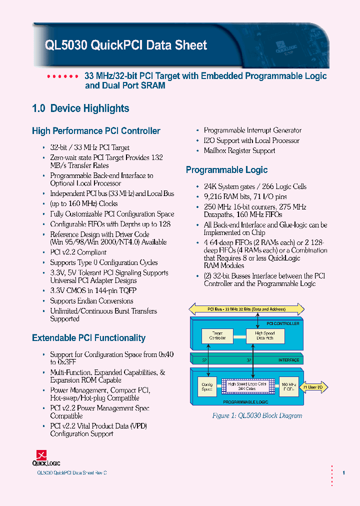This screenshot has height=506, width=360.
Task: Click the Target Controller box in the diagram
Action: (217, 335)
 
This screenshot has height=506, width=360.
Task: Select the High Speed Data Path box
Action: (265, 335)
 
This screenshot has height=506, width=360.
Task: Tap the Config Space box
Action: (207, 387)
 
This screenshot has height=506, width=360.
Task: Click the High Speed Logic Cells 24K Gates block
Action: (248, 386)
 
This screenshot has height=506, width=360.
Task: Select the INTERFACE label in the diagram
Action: (288, 360)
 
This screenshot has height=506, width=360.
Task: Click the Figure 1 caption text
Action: (257, 415)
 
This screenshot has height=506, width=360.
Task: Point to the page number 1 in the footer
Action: (343, 472)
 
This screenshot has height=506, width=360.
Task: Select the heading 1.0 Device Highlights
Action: (80, 108)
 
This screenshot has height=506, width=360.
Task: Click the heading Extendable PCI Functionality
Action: (88, 338)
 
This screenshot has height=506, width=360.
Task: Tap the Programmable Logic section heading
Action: (226, 170)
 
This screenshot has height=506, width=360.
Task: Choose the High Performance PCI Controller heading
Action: (96, 131)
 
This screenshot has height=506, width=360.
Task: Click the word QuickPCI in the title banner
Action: (114, 45)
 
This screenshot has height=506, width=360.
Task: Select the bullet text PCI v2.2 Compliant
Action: (78, 252)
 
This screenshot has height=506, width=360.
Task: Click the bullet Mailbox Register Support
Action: (239, 150)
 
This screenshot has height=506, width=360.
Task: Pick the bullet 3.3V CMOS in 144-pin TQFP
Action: (93, 290)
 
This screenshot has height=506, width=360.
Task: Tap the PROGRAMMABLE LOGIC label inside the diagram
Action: (246, 401)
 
